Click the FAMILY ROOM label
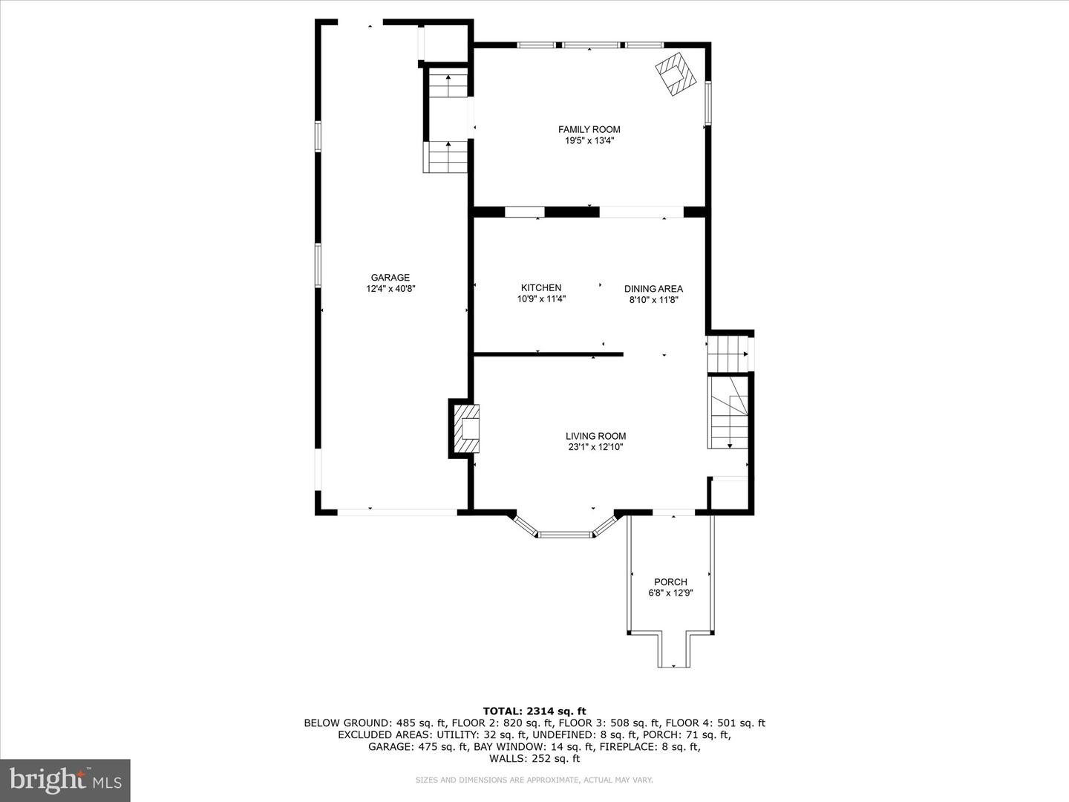(x=589, y=129)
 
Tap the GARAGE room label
(x=390, y=278)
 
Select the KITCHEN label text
(x=541, y=287)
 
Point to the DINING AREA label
(x=653, y=289)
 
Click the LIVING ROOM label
(x=595, y=436)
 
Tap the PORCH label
(x=670, y=581)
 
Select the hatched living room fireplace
(x=467, y=429)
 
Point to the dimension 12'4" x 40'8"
(x=390, y=289)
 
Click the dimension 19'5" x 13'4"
(x=589, y=140)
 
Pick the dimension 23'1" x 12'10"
(x=595, y=447)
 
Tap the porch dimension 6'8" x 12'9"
(x=670, y=593)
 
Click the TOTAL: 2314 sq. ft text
(x=534, y=711)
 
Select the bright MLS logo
(x=65, y=780)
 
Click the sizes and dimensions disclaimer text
(x=534, y=780)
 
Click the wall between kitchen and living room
(x=548, y=355)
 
